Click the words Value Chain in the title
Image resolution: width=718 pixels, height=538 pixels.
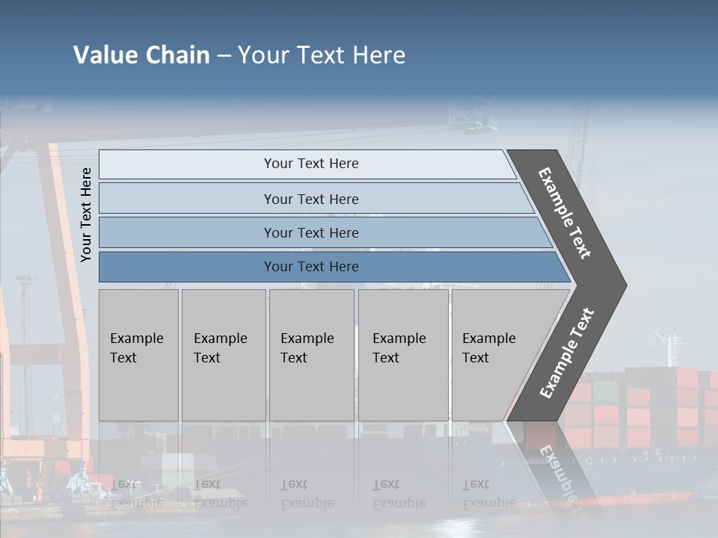point(141,55)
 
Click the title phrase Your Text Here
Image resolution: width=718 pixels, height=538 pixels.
point(322,55)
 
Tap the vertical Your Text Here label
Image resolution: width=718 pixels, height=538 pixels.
point(86,214)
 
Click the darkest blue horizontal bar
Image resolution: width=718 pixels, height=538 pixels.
point(187,267)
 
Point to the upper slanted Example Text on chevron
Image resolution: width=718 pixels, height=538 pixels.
point(565,213)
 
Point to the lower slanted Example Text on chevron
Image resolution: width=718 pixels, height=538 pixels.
point(566,353)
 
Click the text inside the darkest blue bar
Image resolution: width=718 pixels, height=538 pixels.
point(311,267)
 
